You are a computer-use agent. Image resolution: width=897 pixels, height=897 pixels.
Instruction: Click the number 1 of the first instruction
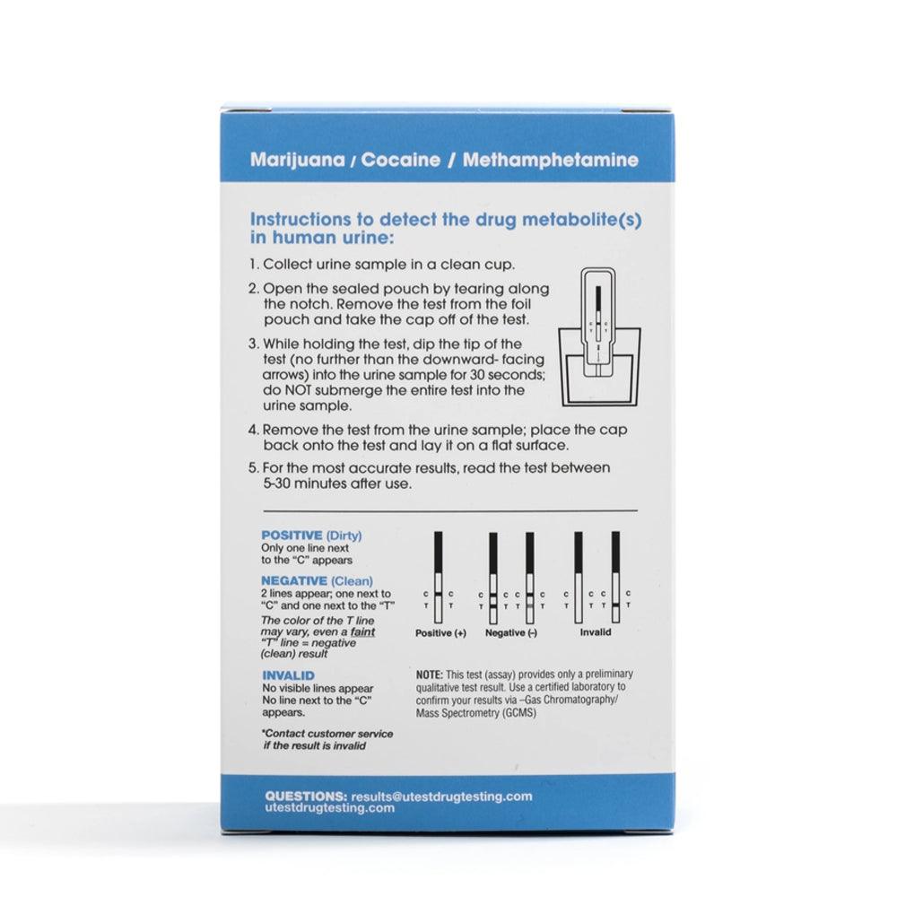pyautogui.click(x=253, y=265)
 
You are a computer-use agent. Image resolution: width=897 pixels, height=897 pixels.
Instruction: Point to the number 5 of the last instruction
pyautogui.click(x=253, y=467)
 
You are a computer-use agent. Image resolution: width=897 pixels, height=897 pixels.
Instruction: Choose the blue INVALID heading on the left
pyautogui.click(x=287, y=675)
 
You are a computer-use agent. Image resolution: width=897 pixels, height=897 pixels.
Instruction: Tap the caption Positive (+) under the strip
pyautogui.click(x=440, y=633)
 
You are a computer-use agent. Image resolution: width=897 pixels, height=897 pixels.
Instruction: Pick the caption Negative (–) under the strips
pyautogui.click(x=511, y=633)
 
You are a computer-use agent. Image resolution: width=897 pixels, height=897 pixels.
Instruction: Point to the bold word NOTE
pyautogui.click(x=429, y=674)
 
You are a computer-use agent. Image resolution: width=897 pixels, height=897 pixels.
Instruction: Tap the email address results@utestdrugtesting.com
pyautogui.click(x=442, y=796)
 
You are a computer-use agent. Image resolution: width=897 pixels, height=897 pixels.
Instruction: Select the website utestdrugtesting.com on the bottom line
pyautogui.click(x=330, y=807)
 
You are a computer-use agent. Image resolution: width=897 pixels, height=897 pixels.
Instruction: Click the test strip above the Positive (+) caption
pyautogui.click(x=439, y=579)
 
